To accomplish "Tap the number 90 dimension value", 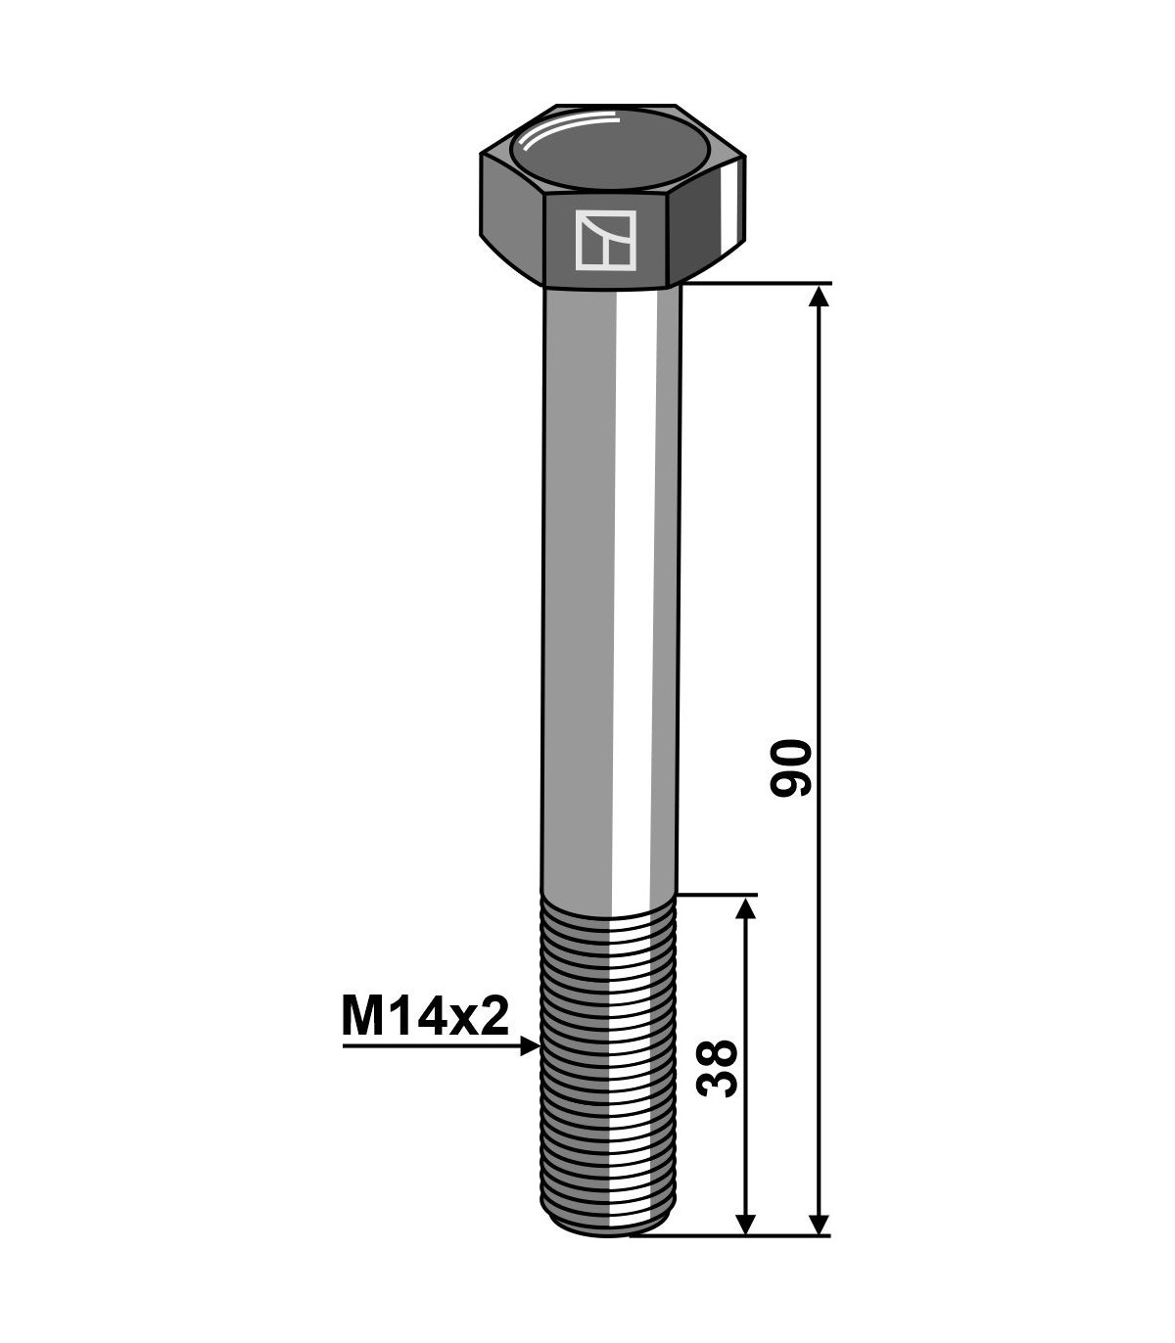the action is click(791, 768).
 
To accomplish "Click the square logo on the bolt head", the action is click(605, 240).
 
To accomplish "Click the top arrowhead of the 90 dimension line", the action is click(819, 297).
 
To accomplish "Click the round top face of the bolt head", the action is click(611, 150).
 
